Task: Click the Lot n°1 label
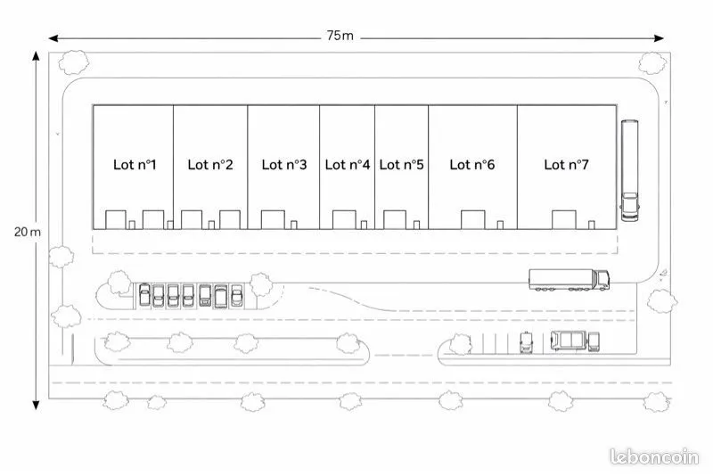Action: (x=135, y=165)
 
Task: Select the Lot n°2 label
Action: (x=210, y=165)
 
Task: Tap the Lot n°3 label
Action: (x=284, y=165)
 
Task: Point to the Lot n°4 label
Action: (x=348, y=165)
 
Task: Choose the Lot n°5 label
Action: (x=402, y=165)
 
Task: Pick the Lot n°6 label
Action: (x=472, y=165)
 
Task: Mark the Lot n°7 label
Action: (x=566, y=165)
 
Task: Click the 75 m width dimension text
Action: (x=340, y=36)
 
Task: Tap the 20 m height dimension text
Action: (x=28, y=232)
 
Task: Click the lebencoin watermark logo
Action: (x=654, y=457)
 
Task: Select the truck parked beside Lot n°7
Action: (x=630, y=170)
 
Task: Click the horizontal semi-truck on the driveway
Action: (x=569, y=280)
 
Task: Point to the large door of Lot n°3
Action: (x=273, y=220)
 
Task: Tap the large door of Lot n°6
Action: (x=473, y=220)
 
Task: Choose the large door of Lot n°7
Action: (x=564, y=220)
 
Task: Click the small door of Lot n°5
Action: (x=416, y=225)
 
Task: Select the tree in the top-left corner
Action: (x=74, y=62)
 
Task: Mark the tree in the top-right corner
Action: (x=652, y=63)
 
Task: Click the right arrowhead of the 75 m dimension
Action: (x=660, y=38)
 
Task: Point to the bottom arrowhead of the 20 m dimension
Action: (x=36, y=405)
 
